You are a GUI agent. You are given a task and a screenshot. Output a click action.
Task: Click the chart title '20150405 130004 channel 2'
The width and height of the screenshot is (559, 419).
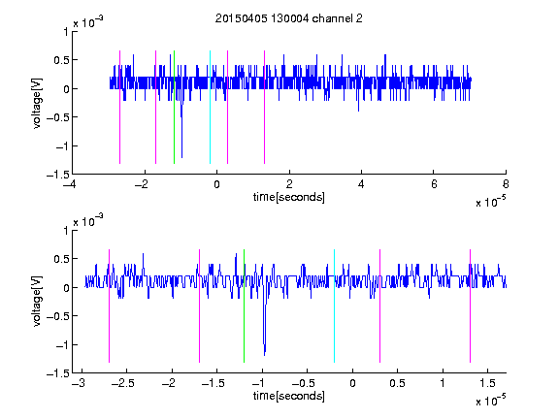(x=289, y=18)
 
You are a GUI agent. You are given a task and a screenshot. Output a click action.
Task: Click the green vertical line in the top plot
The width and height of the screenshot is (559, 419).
(x=174, y=107)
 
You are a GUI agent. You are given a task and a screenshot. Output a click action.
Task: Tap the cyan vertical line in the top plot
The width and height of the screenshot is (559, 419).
(x=210, y=107)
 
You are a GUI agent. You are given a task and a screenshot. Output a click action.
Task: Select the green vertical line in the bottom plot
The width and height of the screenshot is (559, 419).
(x=244, y=306)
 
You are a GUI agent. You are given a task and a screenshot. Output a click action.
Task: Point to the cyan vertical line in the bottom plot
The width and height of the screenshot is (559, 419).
(x=334, y=306)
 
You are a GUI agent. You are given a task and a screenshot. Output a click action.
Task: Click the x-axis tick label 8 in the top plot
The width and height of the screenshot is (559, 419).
(x=506, y=184)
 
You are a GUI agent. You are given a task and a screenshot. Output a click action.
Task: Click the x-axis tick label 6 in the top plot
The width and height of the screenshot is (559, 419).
(x=434, y=184)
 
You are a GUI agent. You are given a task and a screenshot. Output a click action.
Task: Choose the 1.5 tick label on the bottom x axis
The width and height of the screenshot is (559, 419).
(x=487, y=383)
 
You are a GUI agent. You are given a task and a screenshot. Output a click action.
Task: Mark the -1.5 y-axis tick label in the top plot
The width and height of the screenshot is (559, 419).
(x=58, y=175)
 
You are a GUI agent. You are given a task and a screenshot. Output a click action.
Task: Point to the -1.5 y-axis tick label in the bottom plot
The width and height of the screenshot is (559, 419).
(x=58, y=373)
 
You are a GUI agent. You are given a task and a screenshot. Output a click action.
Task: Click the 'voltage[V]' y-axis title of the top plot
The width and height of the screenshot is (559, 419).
(x=37, y=104)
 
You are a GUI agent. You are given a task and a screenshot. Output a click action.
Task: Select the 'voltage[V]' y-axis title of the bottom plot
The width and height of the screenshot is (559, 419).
(x=37, y=302)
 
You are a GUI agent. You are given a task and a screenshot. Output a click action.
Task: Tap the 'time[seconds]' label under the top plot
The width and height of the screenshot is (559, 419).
(x=289, y=197)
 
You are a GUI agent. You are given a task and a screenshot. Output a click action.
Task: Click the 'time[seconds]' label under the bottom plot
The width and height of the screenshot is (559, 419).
(x=289, y=396)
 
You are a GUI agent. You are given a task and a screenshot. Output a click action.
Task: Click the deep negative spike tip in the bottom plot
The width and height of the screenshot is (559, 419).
(x=265, y=355)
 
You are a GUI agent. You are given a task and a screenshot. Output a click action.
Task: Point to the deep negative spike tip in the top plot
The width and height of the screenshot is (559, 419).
(x=181, y=157)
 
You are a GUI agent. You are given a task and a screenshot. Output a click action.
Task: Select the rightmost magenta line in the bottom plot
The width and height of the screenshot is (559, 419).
(x=470, y=306)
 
